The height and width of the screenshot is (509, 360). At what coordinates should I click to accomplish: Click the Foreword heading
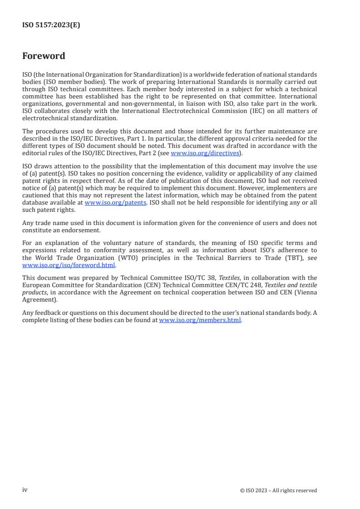tap(44, 56)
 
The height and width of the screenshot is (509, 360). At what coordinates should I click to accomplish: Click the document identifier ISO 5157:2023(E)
tap(51, 25)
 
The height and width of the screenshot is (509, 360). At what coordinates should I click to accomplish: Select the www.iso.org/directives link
tap(205, 153)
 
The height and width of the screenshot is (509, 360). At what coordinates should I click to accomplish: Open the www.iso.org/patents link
tap(115, 203)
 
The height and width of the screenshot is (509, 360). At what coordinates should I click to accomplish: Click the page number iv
tap(25, 490)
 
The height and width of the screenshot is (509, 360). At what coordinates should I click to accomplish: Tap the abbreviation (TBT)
tap(286, 258)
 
